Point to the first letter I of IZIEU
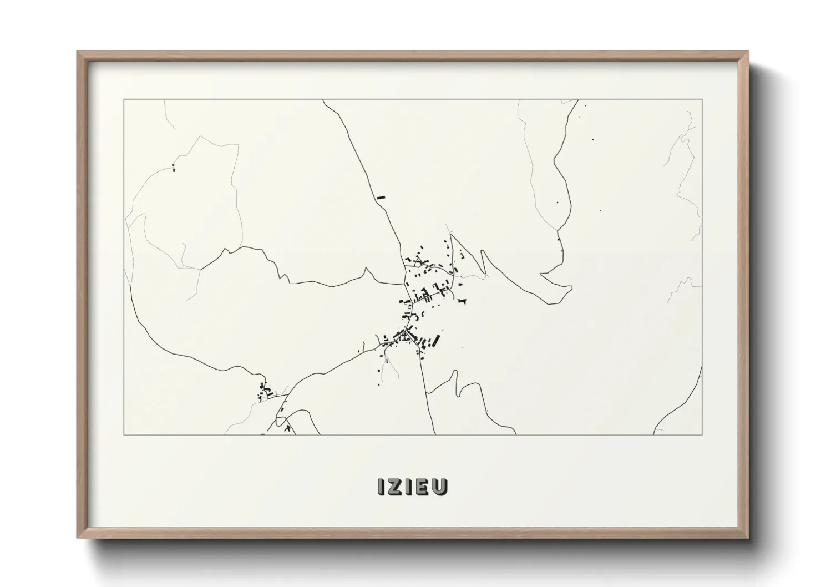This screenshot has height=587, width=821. tap(381, 487)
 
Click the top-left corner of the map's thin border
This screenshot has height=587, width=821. tap(124, 99)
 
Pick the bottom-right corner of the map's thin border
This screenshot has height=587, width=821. tap(702, 434)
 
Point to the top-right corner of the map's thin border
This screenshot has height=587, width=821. tap(702, 99)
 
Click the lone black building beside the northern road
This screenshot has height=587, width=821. tap(380, 196)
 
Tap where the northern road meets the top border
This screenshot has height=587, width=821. tap(323, 100)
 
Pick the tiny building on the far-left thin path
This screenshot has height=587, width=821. tap(174, 166)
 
